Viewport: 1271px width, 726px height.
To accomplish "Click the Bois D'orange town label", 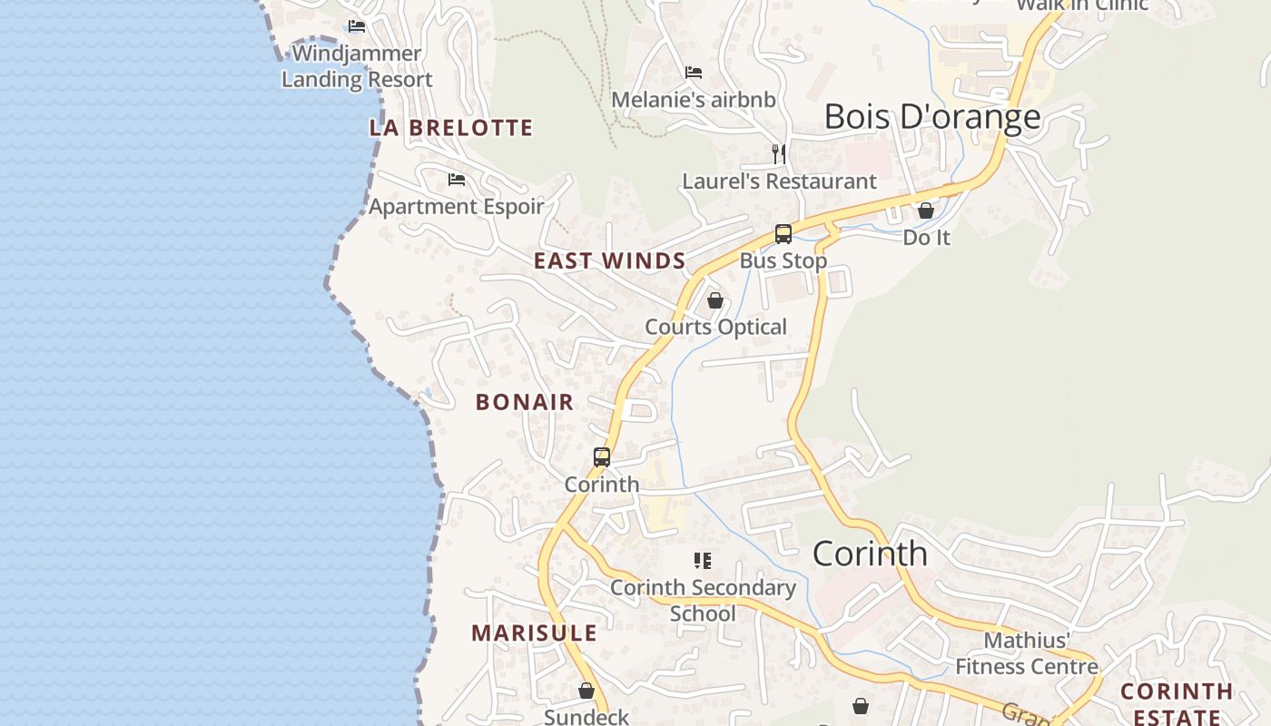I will [932, 117].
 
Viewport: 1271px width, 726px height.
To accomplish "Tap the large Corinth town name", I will [870, 554].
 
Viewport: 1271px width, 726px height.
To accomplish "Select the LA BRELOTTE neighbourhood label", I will [451, 128].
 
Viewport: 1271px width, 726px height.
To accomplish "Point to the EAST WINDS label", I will [609, 261].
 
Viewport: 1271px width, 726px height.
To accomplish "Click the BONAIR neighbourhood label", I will [525, 402].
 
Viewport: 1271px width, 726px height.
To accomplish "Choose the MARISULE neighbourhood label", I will [534, 633].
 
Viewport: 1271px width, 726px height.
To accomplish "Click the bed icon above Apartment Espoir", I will [457, 180].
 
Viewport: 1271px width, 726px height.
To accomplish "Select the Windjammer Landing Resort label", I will [357, 66].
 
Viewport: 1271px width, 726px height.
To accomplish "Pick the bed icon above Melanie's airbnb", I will [694, 73].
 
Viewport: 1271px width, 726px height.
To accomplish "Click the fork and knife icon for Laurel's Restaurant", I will [778, 153].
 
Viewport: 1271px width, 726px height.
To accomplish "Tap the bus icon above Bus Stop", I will [783, 234].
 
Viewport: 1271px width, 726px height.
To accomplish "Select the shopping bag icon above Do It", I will [926, 211].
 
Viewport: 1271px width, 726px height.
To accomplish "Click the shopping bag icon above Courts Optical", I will [715, 300].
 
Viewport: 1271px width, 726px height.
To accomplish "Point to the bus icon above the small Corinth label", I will [602, 457].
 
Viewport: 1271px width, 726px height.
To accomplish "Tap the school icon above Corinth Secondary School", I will [702, 561].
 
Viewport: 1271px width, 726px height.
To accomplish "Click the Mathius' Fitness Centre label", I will [1027, 653].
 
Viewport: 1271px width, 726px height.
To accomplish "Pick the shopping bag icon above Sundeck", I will [586, 691].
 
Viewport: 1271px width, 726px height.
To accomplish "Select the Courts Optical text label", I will [715, 327].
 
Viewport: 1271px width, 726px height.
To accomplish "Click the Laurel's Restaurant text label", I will [779, 181].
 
